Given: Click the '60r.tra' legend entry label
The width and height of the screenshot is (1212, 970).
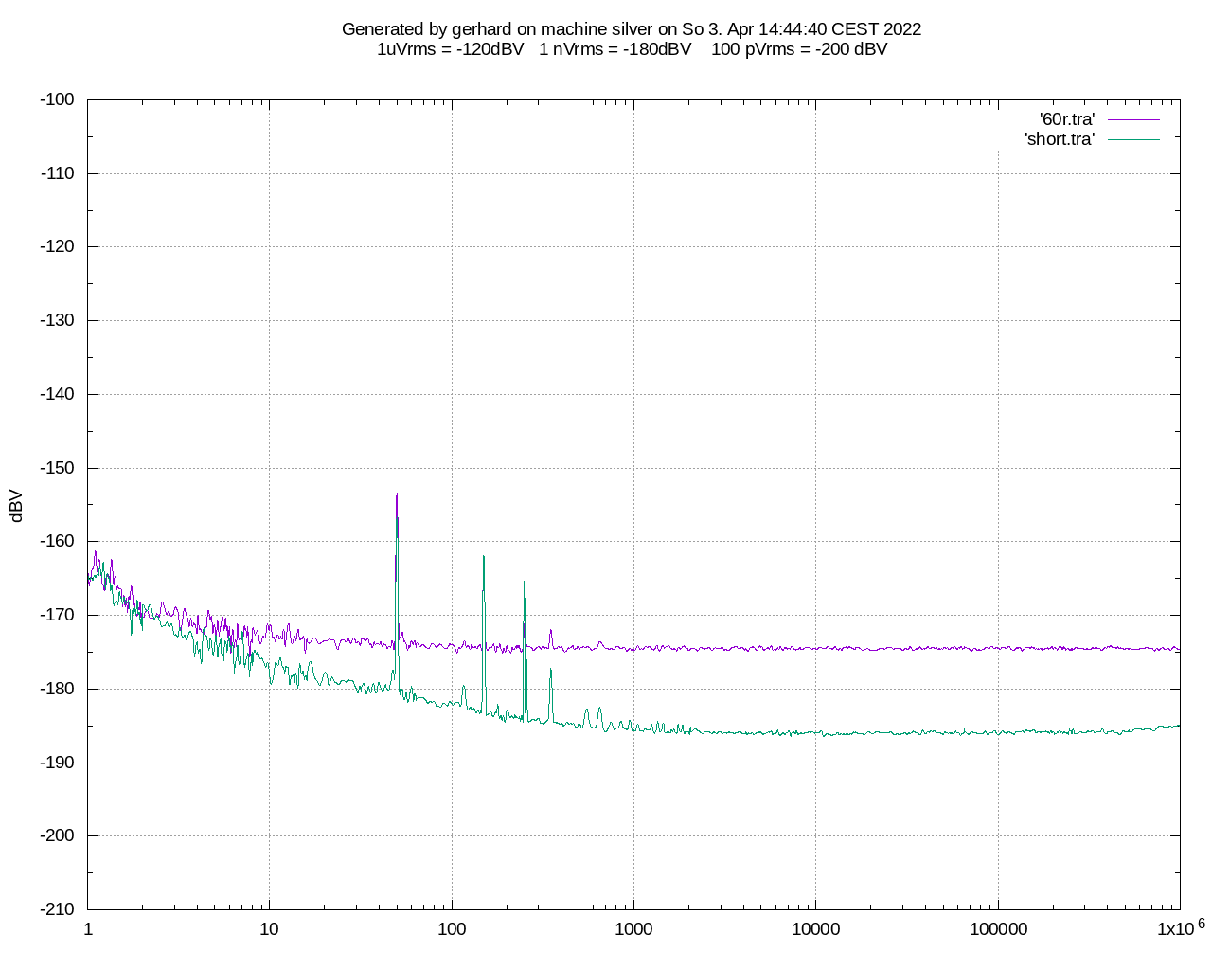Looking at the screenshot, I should pyautogui.click(x=1067, y=119).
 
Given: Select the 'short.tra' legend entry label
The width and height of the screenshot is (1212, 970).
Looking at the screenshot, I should pyautogui.click(x=1060, y=139).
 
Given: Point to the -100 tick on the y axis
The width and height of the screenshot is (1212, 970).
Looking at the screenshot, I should pyautogui.click(x=58, y=99).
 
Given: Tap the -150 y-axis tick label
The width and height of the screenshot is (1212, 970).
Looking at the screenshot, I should pyautogui.click(x=58, y=468).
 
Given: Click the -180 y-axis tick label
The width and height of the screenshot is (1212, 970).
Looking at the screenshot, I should pyautogui.click(x=58, y=689).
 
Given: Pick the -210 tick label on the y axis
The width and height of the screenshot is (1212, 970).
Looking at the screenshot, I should pyautogui.click(x=58, y=909).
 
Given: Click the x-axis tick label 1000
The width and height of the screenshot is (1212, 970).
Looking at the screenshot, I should pyautogui.click(x=633, y=929).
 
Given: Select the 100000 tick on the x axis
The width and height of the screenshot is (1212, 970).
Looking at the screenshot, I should pyautogui.click(x=998, y=929).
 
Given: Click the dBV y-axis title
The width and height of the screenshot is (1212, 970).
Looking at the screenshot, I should pyautogui.click(x=15, y=506).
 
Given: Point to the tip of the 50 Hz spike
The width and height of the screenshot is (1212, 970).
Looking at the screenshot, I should pyautogui.click(x=397, y=494).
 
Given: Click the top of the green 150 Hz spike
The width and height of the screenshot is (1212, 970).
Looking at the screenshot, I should pyautogui.click(x=484, y=556).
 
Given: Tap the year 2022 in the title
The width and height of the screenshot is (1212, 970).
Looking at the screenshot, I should pyautogui.click(x=901, y=29).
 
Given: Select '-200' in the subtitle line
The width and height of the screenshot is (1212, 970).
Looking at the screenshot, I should pyautogui.click(x=832, y=49).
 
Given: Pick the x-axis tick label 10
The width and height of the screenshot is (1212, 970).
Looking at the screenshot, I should pyautogui.click(x=270, y=929).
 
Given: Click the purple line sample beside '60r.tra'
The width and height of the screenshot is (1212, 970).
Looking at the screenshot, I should pyautogui.click(x=1133, y=119).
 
